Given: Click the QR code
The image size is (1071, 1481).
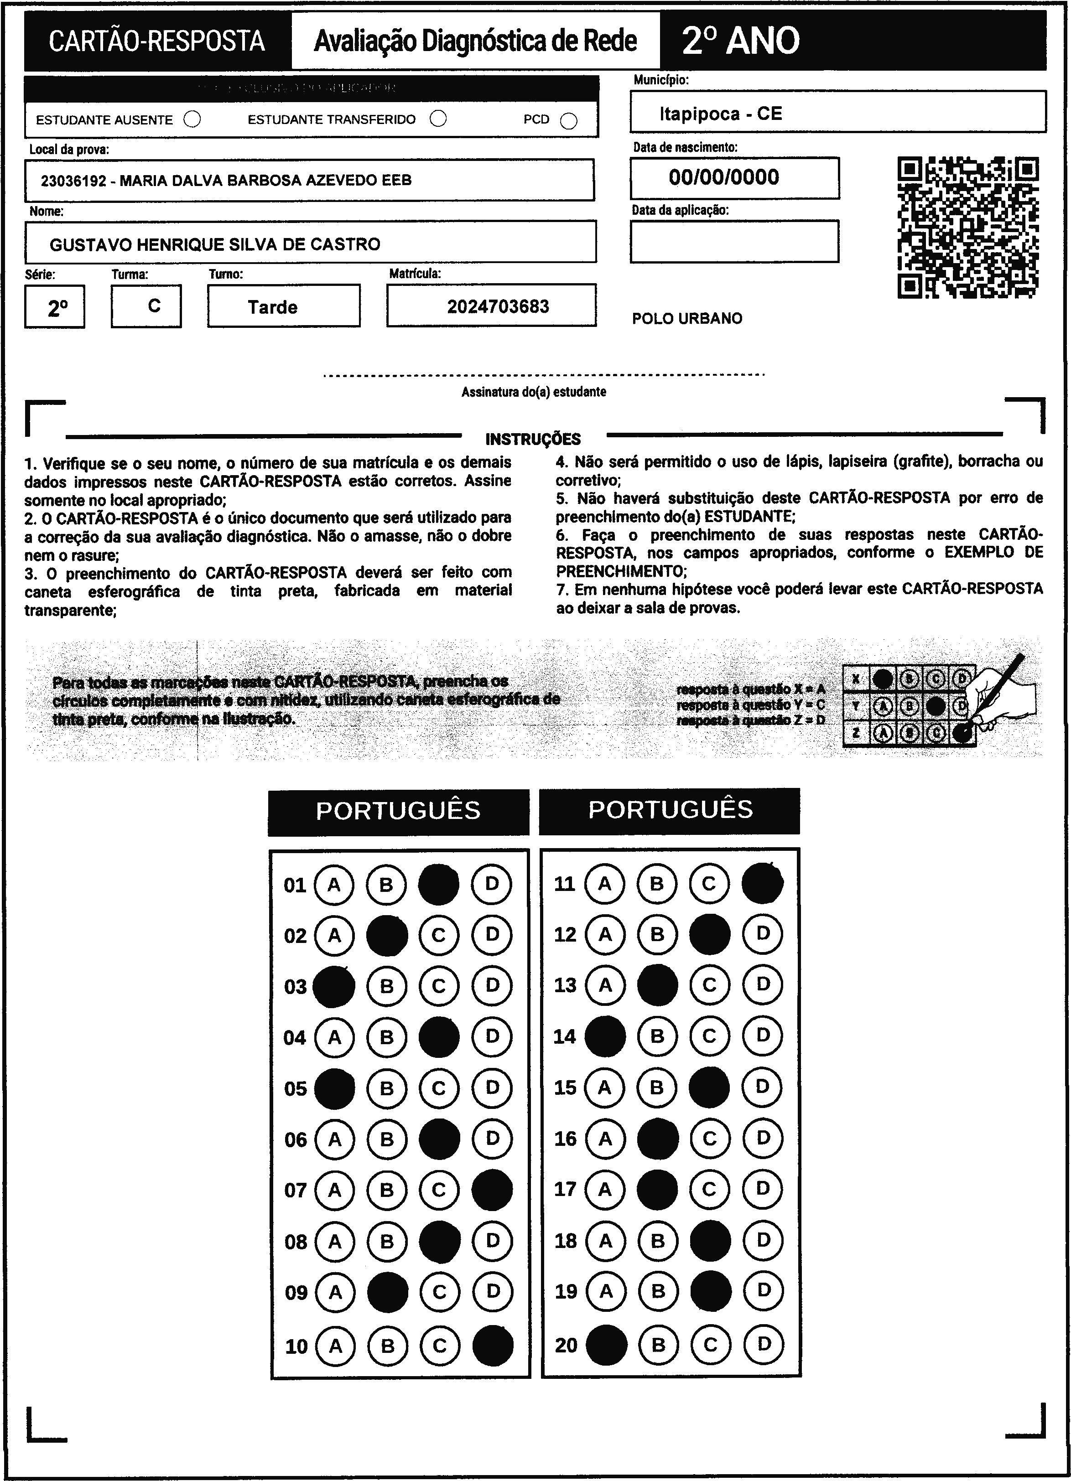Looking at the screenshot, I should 968,227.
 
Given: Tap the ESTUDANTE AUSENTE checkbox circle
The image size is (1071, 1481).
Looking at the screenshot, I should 192,119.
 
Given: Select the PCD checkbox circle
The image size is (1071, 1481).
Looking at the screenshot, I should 569,121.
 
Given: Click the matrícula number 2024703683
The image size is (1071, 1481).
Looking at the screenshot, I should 498,306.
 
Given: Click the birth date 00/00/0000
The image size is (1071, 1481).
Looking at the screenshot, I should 723,177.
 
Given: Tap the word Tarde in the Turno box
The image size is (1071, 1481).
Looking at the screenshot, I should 272,307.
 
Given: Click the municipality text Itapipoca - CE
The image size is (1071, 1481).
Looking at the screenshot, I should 720,114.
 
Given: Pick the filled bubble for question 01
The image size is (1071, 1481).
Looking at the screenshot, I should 438,884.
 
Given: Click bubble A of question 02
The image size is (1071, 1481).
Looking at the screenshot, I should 334,935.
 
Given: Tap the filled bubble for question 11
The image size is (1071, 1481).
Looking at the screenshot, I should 762,883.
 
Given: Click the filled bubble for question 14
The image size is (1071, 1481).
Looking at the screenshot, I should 605,1036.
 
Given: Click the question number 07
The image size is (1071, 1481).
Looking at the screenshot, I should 295,1190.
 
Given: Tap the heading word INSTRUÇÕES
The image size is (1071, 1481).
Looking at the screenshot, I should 533,439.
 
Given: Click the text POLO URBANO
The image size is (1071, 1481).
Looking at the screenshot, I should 687,319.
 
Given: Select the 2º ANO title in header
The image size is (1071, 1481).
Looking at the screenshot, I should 741,41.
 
